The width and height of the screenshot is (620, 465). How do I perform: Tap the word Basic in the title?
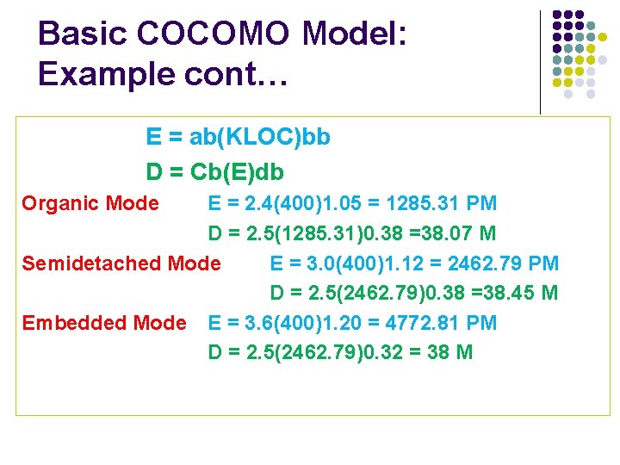coord(83,34)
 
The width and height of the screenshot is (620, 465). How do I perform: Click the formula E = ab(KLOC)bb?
coord(239,138)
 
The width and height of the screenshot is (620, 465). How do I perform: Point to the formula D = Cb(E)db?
coord(214,172)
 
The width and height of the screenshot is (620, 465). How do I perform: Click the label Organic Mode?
coord(90,204)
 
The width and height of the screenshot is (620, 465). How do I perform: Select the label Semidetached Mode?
coord(121,263)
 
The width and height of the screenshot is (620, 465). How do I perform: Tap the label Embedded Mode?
coord(103,323)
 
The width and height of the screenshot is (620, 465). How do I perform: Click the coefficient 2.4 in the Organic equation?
coord(257,204)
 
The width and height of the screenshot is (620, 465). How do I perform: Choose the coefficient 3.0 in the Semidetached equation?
coord(320,263)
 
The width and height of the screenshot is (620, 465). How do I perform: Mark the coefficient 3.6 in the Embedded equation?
coord(257,323)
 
